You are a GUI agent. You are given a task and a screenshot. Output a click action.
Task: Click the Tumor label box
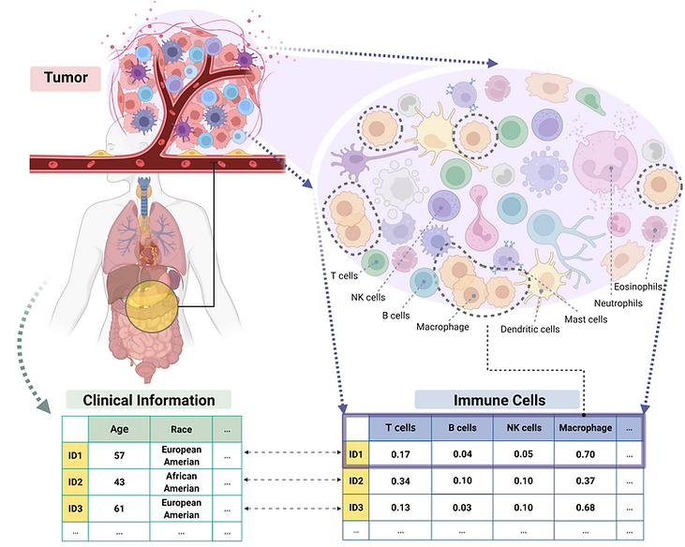66,79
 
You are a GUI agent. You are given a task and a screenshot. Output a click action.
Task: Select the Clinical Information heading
149,400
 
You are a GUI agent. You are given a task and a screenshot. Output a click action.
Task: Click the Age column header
119,429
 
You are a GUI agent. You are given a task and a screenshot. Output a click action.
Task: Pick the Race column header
181,429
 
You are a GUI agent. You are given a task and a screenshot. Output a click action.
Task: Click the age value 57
119,456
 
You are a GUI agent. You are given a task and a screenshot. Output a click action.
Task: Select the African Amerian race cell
181,482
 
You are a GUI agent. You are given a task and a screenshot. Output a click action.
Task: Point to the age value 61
119,509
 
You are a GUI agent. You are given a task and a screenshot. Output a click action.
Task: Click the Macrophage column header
586,428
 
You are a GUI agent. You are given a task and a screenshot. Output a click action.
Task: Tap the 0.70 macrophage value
586,454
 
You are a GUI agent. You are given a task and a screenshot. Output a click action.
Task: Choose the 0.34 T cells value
401,481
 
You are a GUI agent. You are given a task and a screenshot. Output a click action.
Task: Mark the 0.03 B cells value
462,508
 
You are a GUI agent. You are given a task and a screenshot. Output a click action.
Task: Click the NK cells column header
524,428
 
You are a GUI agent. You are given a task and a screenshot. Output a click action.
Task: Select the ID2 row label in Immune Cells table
356,481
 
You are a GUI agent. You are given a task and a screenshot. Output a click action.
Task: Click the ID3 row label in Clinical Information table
75,509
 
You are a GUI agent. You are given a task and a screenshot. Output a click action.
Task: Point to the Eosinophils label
638,287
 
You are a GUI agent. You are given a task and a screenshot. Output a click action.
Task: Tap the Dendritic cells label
529,329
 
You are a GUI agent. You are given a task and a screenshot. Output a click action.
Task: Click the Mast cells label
586,319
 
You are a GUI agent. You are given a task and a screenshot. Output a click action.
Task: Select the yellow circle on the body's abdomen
152,306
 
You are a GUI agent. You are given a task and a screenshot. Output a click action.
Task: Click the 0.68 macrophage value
586,508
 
